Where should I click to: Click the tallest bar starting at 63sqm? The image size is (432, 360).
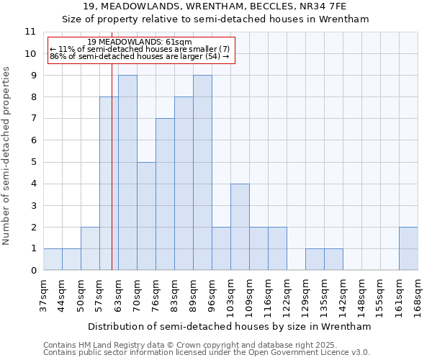pyautogui.click(x=127, y=173)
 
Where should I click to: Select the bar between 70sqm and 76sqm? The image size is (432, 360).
pyautogui.click(x=146, y=216)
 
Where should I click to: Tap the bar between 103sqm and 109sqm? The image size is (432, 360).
pyautogui.click(x=240, y=227)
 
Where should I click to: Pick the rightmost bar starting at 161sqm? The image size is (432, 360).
pyautogui.click(x=408, y=248)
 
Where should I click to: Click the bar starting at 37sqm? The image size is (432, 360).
pyautogui.click(x=53, y=259)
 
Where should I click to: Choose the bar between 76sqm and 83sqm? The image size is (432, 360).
pyautogui.click(x=165, y=194)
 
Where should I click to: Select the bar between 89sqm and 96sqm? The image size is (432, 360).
pyautogui.click(x=202, y=173)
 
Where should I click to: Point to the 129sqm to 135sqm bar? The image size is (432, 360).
pyautogui.click(x=315, y=259)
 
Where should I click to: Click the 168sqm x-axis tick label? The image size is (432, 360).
pyautogui.click(x=418, y=294)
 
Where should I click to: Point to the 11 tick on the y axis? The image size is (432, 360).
pyautogui.click(x=30, y=32)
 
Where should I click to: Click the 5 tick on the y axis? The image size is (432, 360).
pyautogui.click(x=32, y=162)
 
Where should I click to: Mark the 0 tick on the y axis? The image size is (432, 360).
pyautogui.click(x=32, y=271)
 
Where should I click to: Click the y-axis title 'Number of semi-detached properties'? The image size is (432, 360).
pyautogui.click(x=7, y=156)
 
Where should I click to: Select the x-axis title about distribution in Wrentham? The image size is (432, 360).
pyautogui.click(x=230, y=326)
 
